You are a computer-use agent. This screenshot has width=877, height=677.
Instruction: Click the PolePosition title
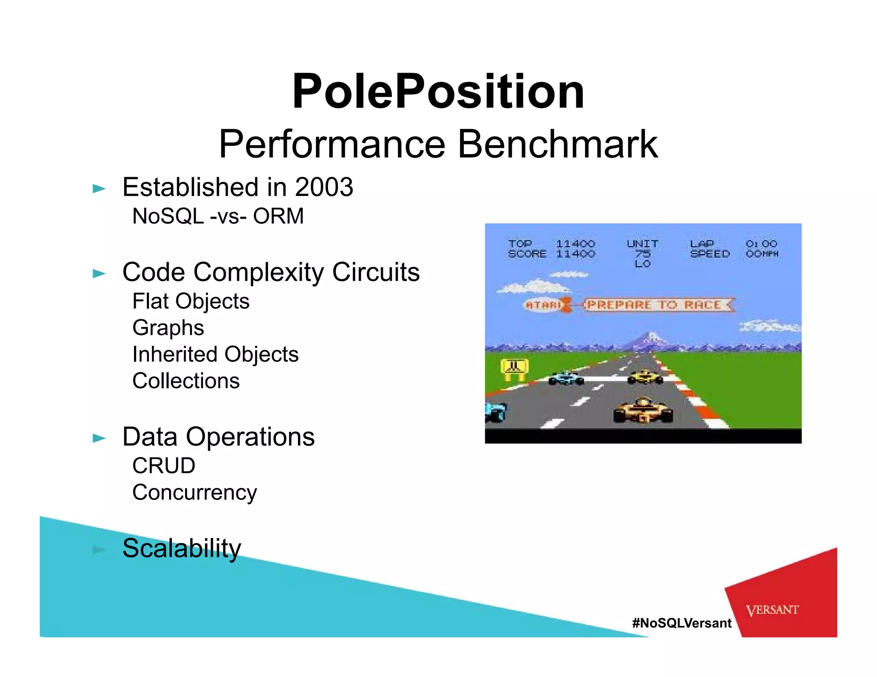pos(438,92)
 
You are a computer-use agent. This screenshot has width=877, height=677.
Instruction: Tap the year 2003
pos(324,187)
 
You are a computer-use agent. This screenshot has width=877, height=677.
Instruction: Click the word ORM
pos(278,216)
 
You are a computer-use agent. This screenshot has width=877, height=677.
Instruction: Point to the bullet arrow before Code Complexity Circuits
pos(99,273)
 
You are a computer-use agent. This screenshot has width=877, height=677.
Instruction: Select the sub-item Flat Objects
pos(191,301)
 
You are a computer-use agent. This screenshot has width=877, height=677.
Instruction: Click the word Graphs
pos(168,328)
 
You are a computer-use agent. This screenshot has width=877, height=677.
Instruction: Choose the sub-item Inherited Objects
pos(215,354)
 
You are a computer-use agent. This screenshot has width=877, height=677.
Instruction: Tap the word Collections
pos(186,381)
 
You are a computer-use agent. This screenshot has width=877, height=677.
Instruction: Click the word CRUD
pos(164,466)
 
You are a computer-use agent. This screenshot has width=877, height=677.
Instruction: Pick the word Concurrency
pos(194,493)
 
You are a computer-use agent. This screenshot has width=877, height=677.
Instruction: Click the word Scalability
pos(182,548)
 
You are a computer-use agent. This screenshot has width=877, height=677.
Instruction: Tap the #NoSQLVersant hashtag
pos(682,623)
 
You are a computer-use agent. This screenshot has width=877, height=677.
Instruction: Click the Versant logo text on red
pos(772,610)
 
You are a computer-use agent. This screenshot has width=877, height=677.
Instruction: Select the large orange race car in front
pos(643,410)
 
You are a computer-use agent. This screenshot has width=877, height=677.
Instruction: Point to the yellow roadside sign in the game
pos(515,368)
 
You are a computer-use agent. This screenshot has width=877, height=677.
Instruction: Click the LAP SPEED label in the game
pos(710,249)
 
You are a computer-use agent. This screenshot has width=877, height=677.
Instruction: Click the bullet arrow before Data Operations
pos(99,438)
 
